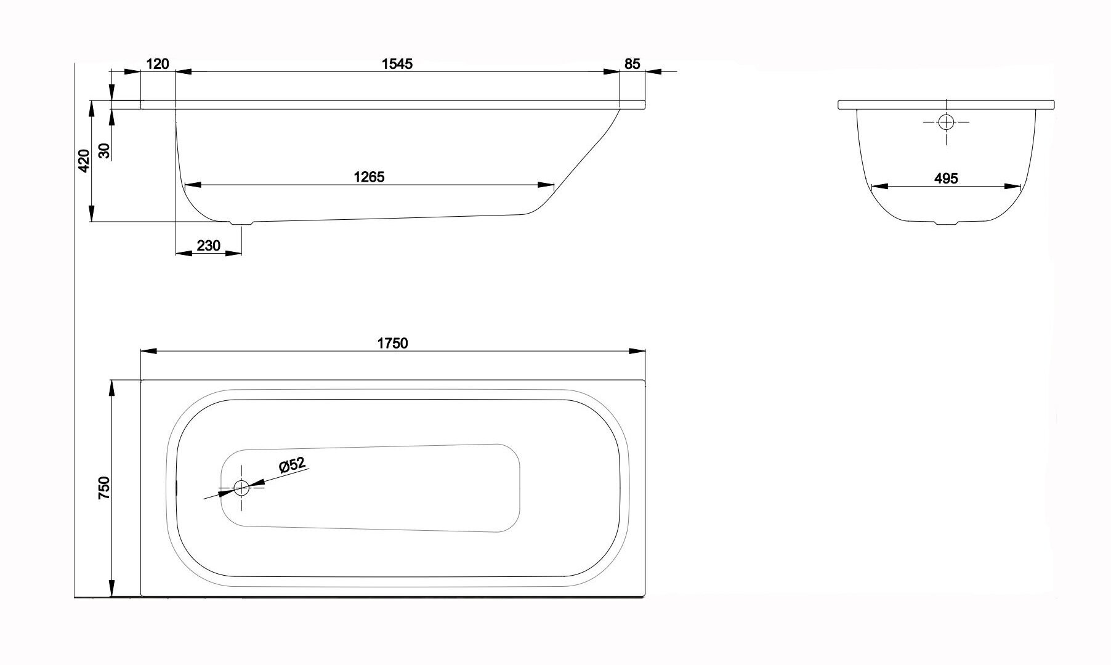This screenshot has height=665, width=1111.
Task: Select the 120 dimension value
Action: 158,63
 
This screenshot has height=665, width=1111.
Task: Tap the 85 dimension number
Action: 632,63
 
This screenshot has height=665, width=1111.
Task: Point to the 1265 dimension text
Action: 369,177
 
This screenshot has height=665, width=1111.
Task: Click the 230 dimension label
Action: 208,246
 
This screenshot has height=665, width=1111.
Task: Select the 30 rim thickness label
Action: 104,150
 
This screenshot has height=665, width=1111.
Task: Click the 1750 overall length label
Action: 392,343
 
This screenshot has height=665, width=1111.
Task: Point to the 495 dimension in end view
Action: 946,179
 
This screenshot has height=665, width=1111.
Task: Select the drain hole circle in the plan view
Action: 241,488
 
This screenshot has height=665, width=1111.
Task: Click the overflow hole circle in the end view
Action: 945,122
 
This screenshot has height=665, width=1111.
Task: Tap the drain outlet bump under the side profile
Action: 242,223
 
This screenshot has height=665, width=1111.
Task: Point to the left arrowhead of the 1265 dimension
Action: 192,185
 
